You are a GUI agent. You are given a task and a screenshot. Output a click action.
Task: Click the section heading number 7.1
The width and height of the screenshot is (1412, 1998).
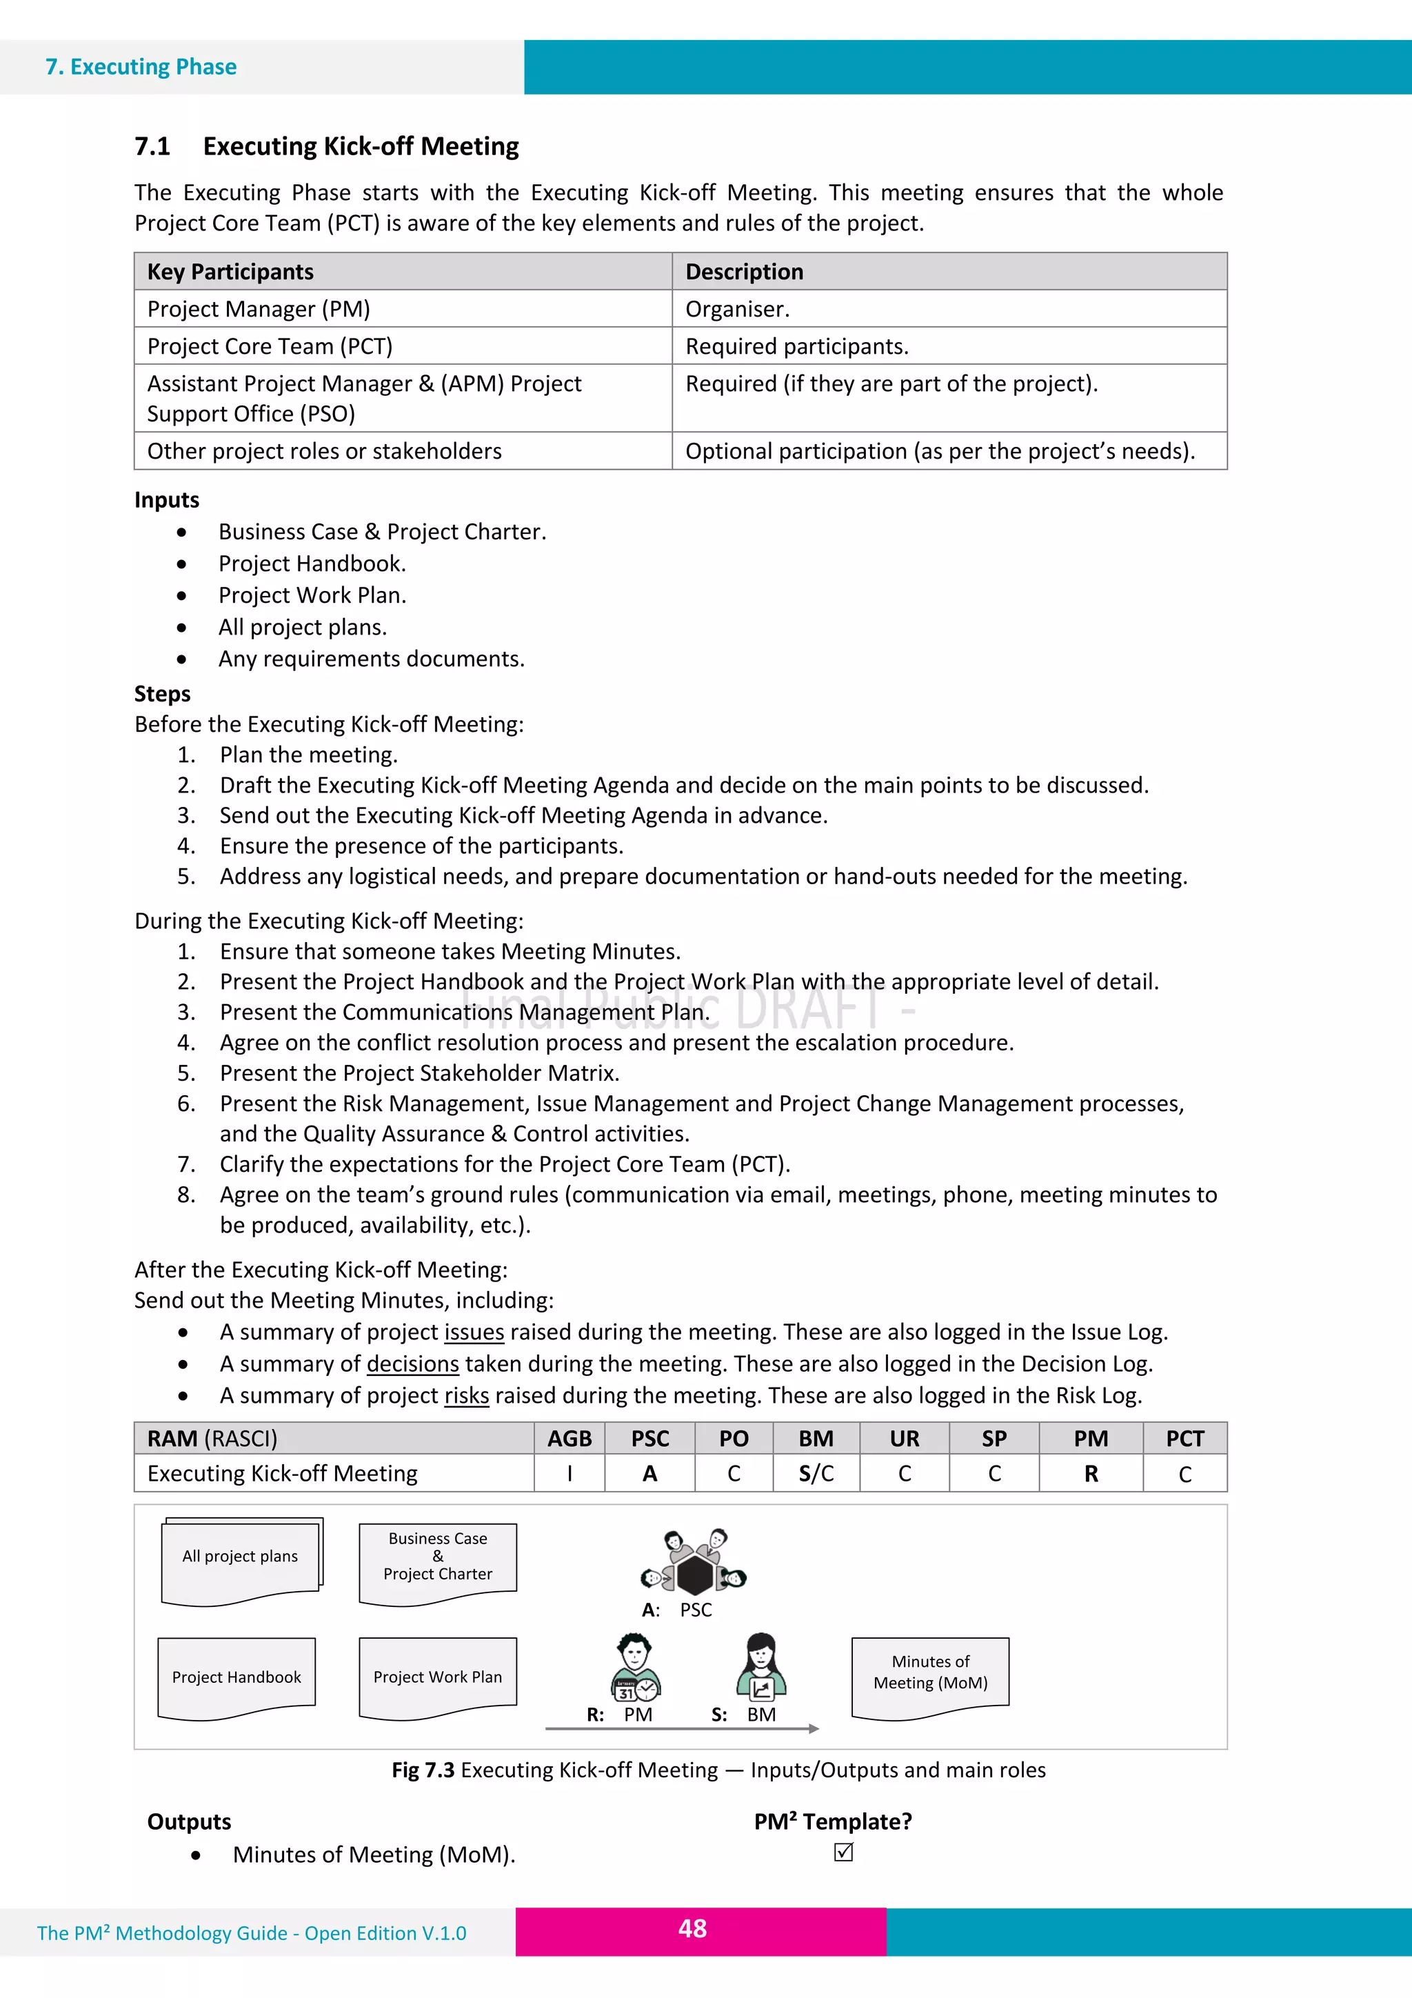152,146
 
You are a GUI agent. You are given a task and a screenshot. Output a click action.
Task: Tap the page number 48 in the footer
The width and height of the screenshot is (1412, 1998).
692,1928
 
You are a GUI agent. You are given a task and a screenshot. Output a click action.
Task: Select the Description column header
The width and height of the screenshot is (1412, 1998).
744,272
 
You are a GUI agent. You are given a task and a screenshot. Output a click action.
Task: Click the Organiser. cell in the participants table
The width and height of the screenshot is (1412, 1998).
737,309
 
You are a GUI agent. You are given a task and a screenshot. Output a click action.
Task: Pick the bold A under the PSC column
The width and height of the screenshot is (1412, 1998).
650,1473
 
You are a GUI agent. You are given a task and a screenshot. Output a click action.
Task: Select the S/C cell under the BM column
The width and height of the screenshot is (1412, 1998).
816,1473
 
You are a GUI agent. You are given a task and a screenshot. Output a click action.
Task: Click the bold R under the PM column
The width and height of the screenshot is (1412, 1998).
1090,1473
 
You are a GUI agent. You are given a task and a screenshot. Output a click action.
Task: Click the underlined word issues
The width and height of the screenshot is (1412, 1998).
474,1332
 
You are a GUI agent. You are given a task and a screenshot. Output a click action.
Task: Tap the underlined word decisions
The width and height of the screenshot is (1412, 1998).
412,1363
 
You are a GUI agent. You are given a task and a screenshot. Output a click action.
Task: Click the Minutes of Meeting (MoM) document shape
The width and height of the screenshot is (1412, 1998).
930,1675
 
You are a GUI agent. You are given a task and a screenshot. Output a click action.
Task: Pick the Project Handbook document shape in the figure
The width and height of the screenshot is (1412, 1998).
236,1676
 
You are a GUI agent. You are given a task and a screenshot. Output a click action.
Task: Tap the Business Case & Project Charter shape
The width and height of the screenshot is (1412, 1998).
438,1559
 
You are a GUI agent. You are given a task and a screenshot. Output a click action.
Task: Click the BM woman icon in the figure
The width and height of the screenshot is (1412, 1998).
761,1666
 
